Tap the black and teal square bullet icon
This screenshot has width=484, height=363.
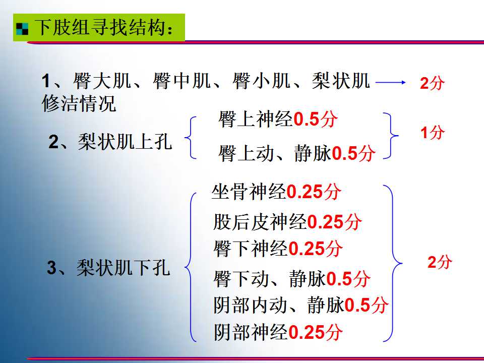[x=22, y=29]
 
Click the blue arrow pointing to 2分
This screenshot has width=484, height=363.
[x=390, y=82]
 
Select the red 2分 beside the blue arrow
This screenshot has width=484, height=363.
[x=432, y=83]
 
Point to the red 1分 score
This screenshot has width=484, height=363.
[x=433, y=133]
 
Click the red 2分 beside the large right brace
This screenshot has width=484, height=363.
[x=440, y=262]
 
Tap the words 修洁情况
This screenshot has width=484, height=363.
[x=79, y=103]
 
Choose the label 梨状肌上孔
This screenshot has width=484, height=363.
[x=125, y=142]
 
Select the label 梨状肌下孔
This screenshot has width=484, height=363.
[x=124, y=267]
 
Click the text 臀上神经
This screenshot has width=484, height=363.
[x=256, y=119]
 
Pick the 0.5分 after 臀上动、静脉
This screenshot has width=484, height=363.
[x=353, y=153]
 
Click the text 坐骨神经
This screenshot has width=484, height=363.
[x=249, y=192]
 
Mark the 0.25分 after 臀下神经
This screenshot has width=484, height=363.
[x=315, y=249]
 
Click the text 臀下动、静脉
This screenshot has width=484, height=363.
[x=269, y=279]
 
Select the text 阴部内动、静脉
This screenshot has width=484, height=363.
[x=279, y=306]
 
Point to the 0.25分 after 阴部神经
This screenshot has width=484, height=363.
[x=316, y=332]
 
